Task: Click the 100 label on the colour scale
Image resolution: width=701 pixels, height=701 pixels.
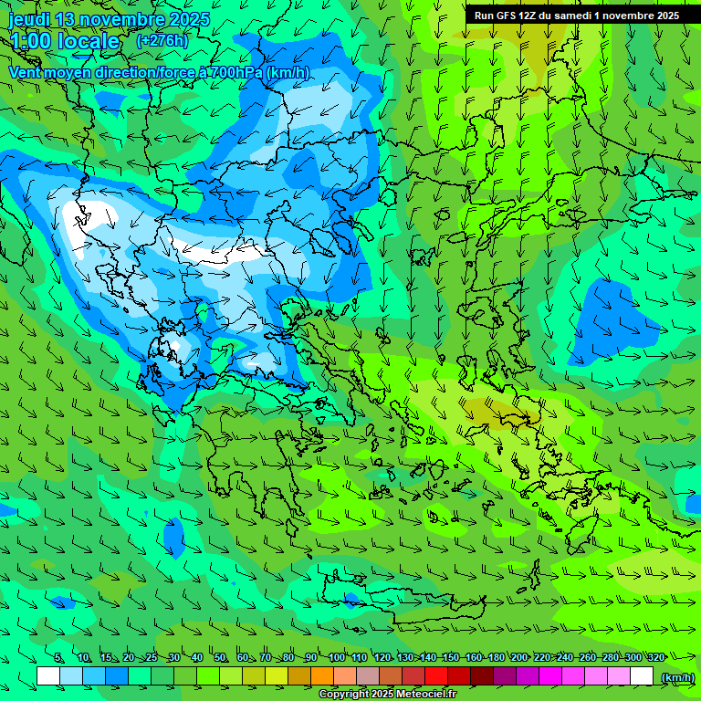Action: [x=337, y=658]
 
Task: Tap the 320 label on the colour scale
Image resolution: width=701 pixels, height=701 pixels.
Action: [x=655, y=658]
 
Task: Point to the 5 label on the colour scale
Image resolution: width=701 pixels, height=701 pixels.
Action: [x=58, y=658]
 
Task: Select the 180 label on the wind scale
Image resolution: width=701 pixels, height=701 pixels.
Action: [x=497, y=658]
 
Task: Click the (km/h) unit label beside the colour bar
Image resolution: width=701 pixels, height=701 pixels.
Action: [x=676, y=677]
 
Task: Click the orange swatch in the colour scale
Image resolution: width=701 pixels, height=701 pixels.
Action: [x=322, y=676]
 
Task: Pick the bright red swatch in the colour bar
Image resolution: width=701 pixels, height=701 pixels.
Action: [x=436, y=676]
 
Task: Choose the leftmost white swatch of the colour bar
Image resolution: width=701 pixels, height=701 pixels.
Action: [x=48, y=676]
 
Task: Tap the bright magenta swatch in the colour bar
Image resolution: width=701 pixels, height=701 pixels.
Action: [x=550, y=676]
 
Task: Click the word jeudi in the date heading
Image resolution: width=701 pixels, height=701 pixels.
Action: [x=30, y=19]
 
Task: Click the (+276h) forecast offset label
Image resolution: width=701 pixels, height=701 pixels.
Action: [x=162, y=41]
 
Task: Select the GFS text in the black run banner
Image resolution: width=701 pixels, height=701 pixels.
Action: [x=505, y=16]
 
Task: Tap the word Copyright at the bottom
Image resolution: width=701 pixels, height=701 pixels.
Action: [x=343, y=695]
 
